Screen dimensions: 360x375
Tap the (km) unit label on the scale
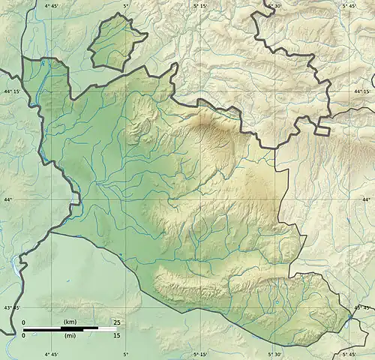[x=70, y=322]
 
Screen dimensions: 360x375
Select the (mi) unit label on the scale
[x=70, y=335]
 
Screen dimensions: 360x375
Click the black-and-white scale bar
[x=60, y=328]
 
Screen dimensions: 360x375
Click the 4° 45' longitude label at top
[x=51, y=5]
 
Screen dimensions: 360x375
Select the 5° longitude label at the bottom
[x=125, y=354]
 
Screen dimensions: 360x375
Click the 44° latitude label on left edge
[x=7, y=199]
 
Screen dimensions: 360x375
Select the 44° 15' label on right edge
[x=364, y=91]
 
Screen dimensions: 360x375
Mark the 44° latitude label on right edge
[x=367, y=199]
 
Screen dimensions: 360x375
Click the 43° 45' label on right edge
[x=364, y=307]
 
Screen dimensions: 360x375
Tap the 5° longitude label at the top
[x=125, y=5]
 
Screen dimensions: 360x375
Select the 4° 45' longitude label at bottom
[x=51, y=354]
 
